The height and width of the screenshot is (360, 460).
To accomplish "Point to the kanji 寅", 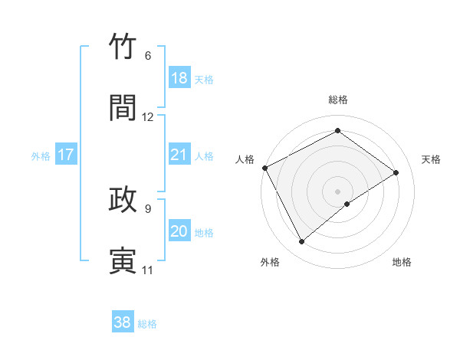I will click(123, 260).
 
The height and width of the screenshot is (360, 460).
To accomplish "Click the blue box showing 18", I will click(179, 78).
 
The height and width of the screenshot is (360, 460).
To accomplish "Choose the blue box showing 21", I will click(179, 155).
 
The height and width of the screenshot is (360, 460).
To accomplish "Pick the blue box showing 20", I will click(179, 231).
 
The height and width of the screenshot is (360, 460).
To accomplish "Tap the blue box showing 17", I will click(66, 155).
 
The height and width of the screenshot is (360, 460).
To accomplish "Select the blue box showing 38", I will click(123, 322).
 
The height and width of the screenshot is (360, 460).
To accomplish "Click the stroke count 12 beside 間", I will click(148, 117).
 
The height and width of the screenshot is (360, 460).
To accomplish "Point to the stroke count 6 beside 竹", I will click(148, 56).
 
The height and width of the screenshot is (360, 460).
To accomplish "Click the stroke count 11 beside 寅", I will click(147, 270).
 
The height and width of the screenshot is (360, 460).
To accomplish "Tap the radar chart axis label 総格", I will click(338, 100).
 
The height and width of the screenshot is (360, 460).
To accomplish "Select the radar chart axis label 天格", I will click(432, 159).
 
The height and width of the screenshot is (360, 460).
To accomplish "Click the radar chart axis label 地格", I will click(402, 262).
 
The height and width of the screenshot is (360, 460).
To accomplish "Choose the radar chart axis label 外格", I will click(270, 262).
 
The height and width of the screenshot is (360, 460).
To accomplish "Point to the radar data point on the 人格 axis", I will click(264, 168).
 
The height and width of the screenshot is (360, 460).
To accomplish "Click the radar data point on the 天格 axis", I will click(396, 172).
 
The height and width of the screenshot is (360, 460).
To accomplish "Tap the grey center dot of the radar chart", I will click(338, 191).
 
